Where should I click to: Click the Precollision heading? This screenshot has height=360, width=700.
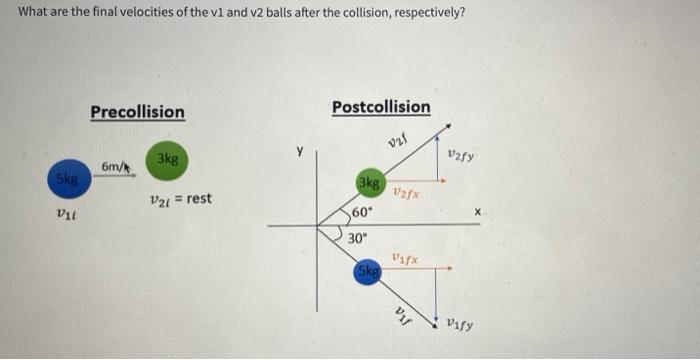[137, 111]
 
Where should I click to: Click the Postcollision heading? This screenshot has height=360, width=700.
[381, 106]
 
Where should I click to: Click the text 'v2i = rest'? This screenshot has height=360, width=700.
[180, 198]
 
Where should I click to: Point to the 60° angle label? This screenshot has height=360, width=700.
[362, 213]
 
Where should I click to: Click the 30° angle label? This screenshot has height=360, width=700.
[358, 239]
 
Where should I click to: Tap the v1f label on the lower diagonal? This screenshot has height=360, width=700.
[403, 312]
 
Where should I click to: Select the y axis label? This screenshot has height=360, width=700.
[297, 153]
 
